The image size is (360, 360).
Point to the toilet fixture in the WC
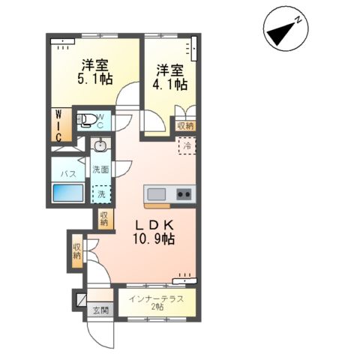[88, 118]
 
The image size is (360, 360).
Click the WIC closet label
[58, 124]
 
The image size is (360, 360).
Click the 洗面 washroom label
[100, 169]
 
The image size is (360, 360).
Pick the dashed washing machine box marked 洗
[100, 194]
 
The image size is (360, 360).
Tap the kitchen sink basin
[157, 195]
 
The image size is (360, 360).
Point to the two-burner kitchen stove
[183, 195]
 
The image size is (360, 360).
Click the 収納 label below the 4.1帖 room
[184, 126]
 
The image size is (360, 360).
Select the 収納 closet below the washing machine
[103, 218]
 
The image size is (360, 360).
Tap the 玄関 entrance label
[100, 310]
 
